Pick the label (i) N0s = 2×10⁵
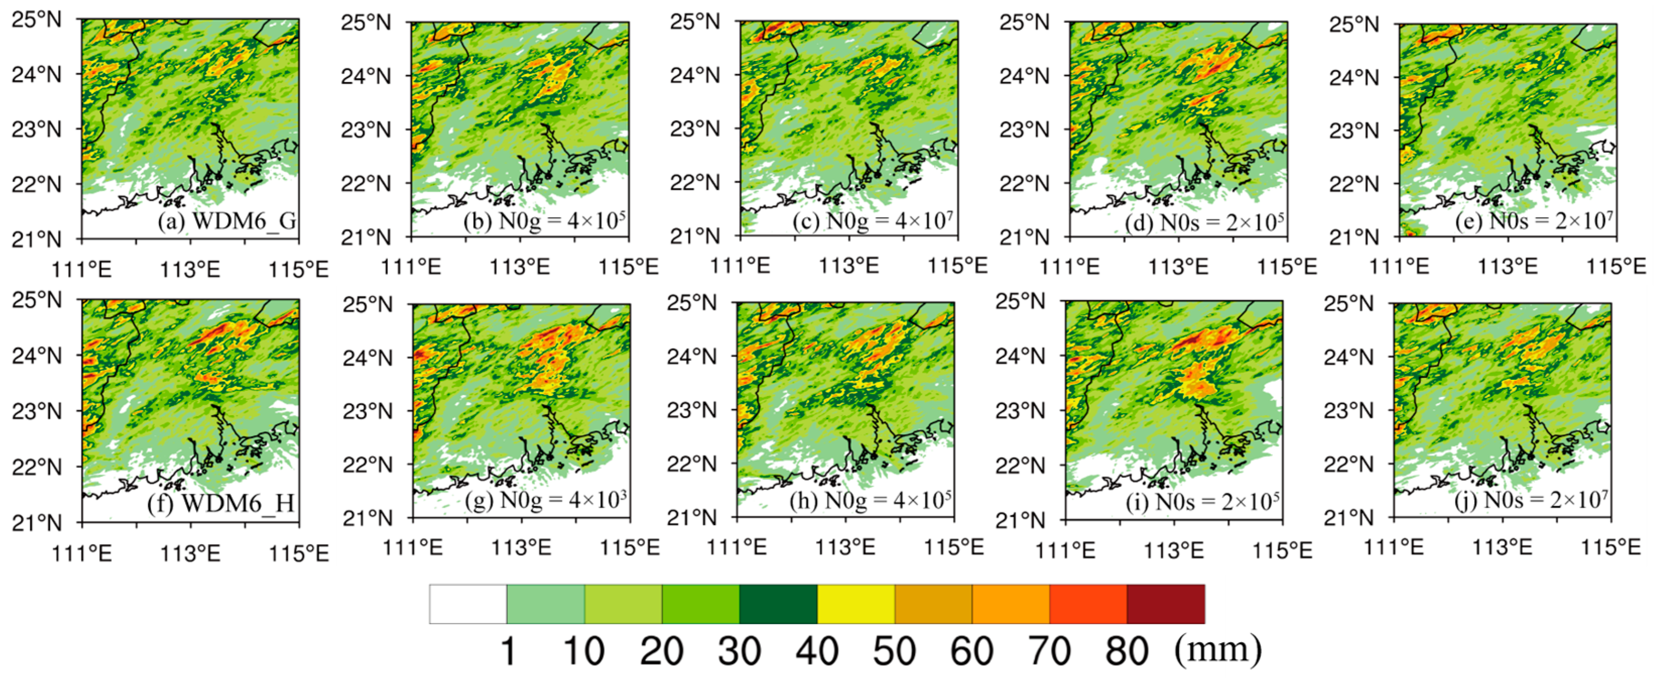point(1203,501)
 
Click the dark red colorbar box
point(1166,603)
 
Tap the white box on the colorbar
point(468,603)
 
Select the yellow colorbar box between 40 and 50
point(856,603)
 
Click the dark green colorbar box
point(778,603)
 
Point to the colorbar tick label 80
point(1126,650)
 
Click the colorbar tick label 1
point(507,650)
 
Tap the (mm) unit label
point(1218,649)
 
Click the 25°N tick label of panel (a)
point(37,20)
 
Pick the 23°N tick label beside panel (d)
point(1024,129)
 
